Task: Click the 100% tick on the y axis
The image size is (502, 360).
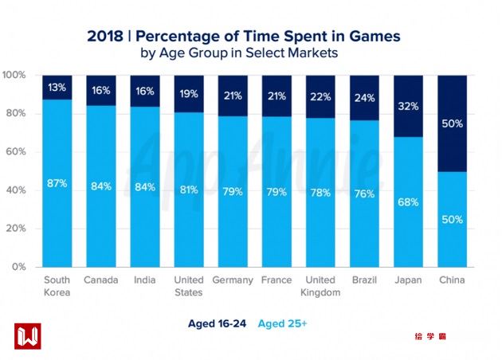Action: (x=15, y=75)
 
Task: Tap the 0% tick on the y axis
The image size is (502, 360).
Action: (x=20, y=266)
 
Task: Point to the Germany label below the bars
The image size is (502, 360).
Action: (x=233, y=280)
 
